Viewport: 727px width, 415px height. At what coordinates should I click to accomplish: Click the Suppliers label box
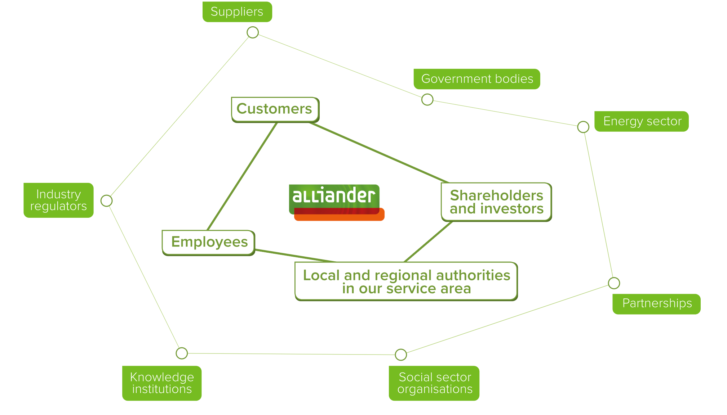pyautogui.click(x=237, y=12)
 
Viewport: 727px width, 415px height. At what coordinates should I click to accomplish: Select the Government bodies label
pyautogui.click(x=476, y=79)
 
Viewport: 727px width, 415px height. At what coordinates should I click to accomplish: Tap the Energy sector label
pyautogui.click(x=641, y=121)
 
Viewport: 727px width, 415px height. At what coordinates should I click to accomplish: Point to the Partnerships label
pyautogui.click(x=656, y=304)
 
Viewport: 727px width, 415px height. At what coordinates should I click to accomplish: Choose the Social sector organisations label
pyautogui.click(x=434, y=383)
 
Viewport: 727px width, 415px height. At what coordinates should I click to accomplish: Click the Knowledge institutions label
pyautogui.click(x=162, y=383)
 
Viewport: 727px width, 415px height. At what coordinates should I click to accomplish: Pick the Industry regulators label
pyautogui.click(x=58, y=200)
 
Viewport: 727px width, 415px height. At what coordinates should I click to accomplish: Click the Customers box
pyautogui.click(x=275, y=109)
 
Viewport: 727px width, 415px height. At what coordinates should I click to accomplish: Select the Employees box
pyautogui.click(x=209, y=242)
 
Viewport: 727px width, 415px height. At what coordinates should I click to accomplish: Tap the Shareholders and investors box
pyautogui.click(x=496, y=202)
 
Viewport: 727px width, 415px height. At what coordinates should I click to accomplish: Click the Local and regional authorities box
pyautogui.click(x=406, y=281)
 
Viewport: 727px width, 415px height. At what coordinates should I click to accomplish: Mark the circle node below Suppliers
pyautogui.click(x=253, y=32)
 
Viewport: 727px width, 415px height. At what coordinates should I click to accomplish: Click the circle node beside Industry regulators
pyautogui.click(x=106, y=200)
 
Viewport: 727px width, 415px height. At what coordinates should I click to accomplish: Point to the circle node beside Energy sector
pyautogui.click(x=583, y=127)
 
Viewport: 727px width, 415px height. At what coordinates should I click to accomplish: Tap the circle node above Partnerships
pyautogui.click(x=614, y=283)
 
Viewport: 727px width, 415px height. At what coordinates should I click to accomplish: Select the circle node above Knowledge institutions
pyautogui.click(x=182, y=353)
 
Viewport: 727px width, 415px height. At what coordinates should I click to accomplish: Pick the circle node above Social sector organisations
pyautogui.click(x=401, y=355)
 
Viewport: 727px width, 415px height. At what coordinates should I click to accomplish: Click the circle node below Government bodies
pyautogui.click(x=427, y=99)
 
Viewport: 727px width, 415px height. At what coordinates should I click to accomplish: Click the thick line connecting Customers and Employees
pyautogui.click(x=242, y=176)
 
